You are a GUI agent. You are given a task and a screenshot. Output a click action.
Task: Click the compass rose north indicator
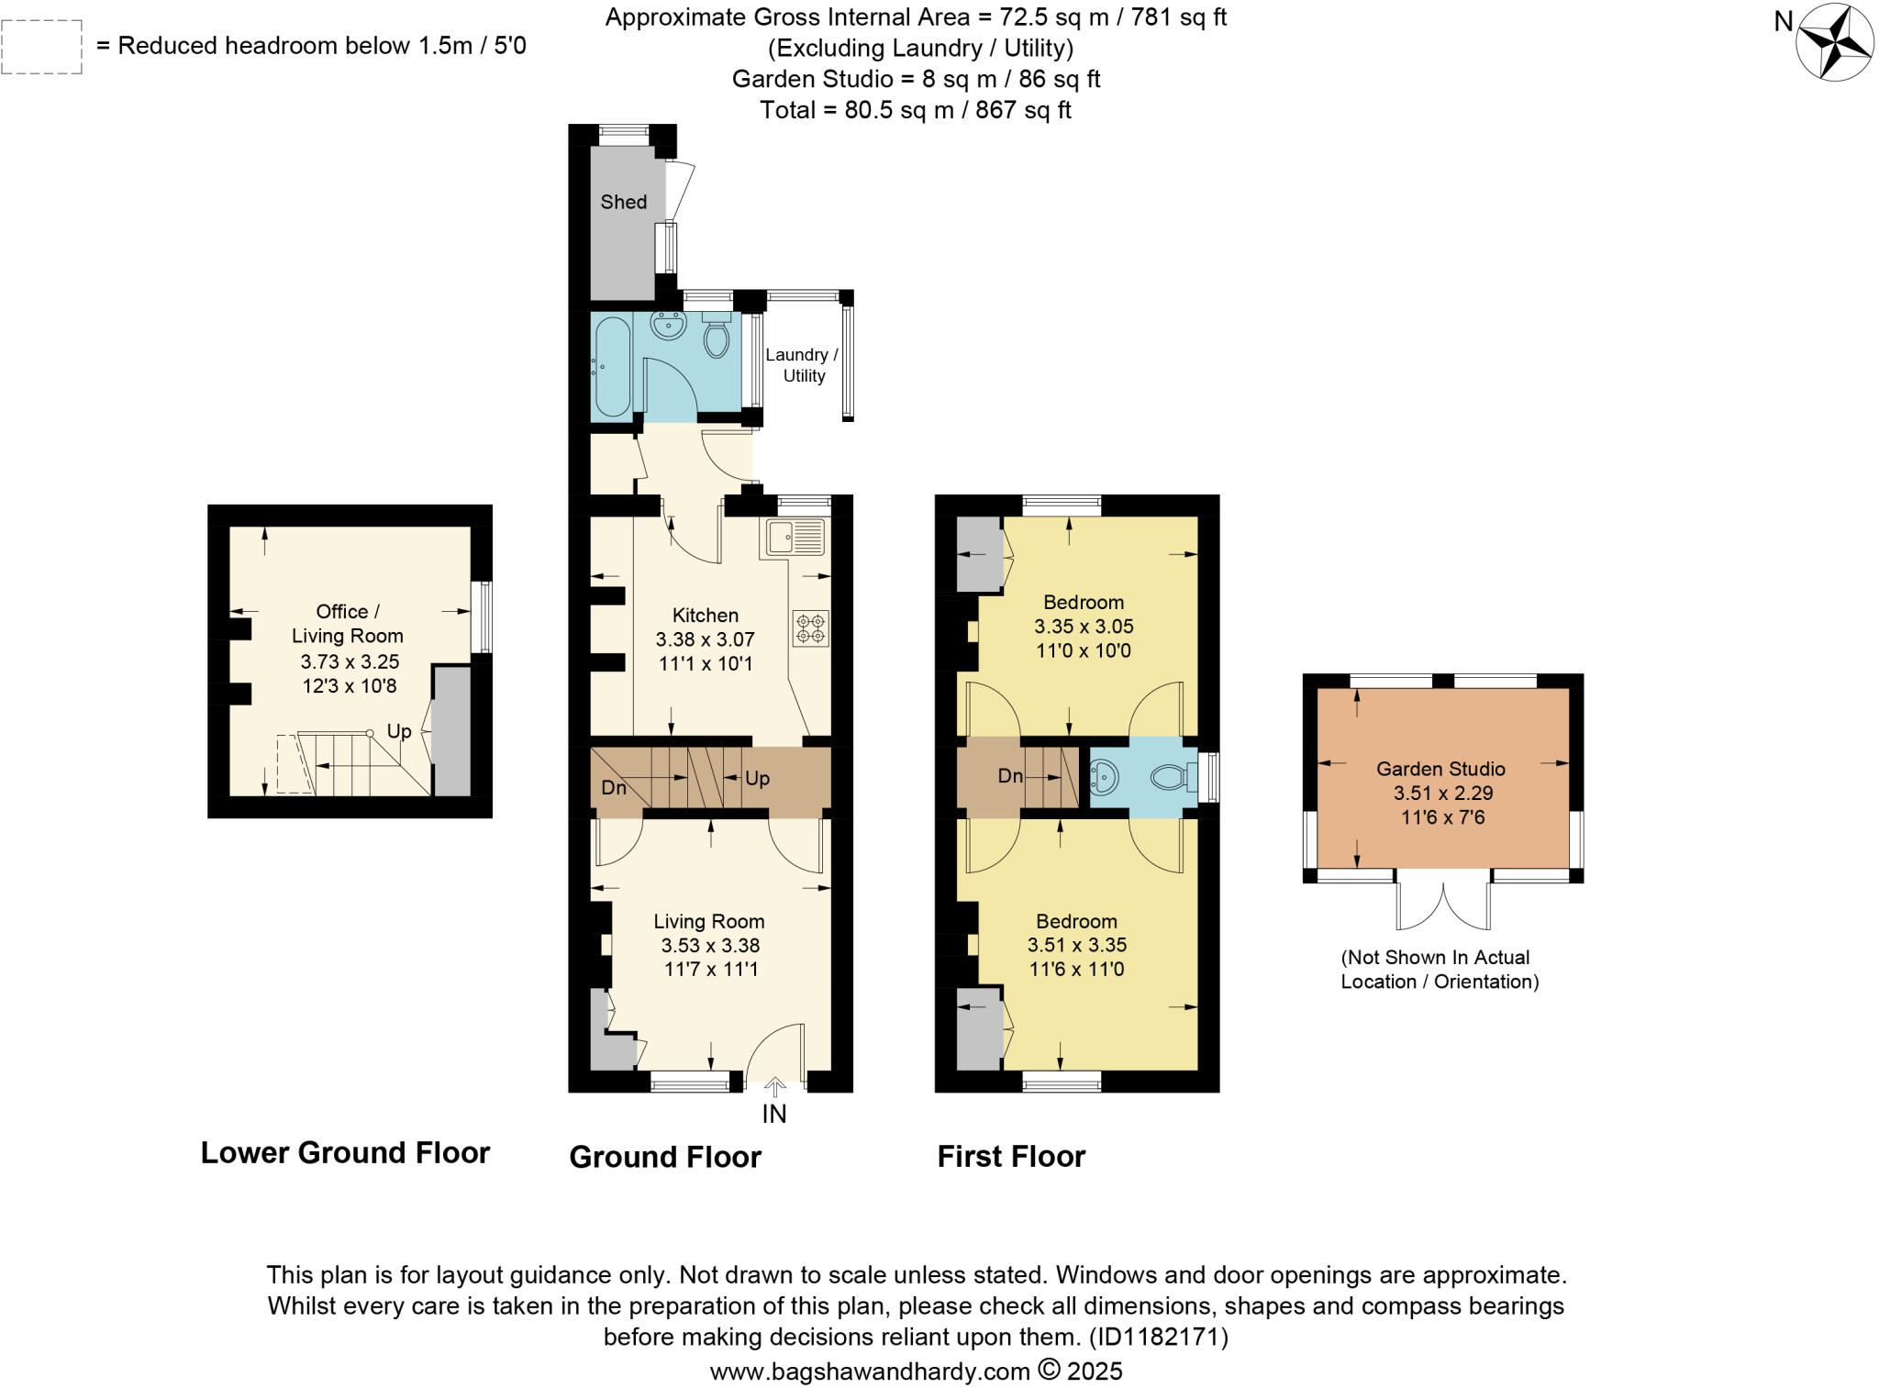pos(1833,42)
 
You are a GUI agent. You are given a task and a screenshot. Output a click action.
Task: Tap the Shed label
pos(623,202)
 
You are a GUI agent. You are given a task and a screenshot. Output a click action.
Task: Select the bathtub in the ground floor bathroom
pos(611,366)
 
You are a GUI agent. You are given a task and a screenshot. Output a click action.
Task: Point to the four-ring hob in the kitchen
pos(810,628)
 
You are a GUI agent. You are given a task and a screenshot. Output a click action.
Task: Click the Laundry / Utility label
pos(801,365)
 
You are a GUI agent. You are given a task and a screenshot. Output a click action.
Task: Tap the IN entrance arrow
pos(774,1088)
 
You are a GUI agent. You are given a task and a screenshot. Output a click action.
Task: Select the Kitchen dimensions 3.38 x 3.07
pos(705,639)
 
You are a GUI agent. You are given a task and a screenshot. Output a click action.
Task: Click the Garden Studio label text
pos(1440,769)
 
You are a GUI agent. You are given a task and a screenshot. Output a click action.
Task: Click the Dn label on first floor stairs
pos(1010,776)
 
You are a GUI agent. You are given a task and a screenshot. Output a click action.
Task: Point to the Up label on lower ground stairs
pos(399,731)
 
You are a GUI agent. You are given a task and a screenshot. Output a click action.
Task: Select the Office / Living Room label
pos(347,624)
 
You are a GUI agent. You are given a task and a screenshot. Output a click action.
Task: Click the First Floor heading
pos(1011,1156)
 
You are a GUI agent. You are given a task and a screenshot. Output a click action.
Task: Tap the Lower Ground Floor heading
pos(345,1152)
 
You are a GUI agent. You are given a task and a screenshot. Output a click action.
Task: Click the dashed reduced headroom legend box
pos(42,47)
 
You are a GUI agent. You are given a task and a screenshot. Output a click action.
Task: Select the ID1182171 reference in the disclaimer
pos(1158,1337)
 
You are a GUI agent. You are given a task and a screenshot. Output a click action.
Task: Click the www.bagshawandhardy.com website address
pos(870,1371)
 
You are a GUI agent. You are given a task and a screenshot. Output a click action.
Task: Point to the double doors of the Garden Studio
pos(1443,905)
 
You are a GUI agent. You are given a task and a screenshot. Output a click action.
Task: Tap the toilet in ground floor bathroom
pos(717,339)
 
